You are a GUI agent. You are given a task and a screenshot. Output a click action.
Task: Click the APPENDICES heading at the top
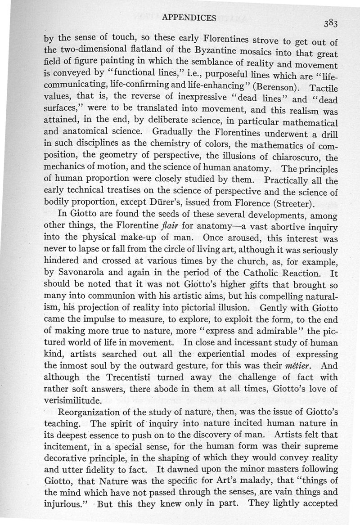click(x=189, y=18)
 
